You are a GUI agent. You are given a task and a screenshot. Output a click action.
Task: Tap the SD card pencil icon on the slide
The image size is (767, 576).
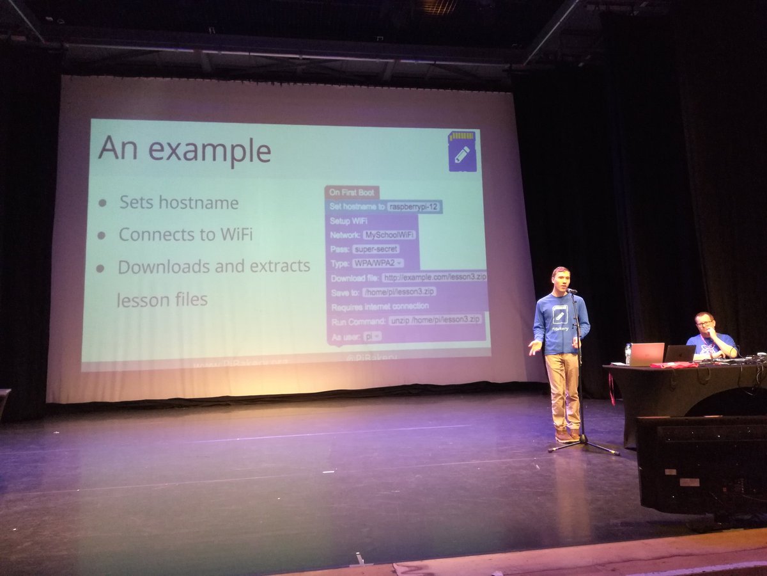point(462,151)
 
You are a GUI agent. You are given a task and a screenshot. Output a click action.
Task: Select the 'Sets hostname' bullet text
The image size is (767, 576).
point(178,203)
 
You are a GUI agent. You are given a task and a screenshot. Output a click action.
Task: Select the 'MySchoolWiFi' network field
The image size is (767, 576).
point(389,235)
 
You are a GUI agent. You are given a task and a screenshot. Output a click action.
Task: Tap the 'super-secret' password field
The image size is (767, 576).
point(376,249)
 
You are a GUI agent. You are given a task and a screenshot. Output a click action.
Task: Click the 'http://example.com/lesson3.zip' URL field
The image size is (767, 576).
point(435,277)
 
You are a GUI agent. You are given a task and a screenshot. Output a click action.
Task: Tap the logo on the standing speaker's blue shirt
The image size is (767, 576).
point(559,314)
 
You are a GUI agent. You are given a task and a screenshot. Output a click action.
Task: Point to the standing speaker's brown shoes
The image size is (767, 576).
point(567,437)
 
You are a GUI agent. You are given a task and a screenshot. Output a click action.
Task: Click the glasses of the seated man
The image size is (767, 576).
point(704,323)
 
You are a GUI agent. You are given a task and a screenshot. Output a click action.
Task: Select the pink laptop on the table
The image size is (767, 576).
point(646,354)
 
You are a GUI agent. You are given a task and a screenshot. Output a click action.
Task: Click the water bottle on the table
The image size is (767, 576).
point(628,353)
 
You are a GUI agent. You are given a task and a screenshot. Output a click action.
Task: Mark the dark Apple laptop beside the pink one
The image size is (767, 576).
point(679,353)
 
